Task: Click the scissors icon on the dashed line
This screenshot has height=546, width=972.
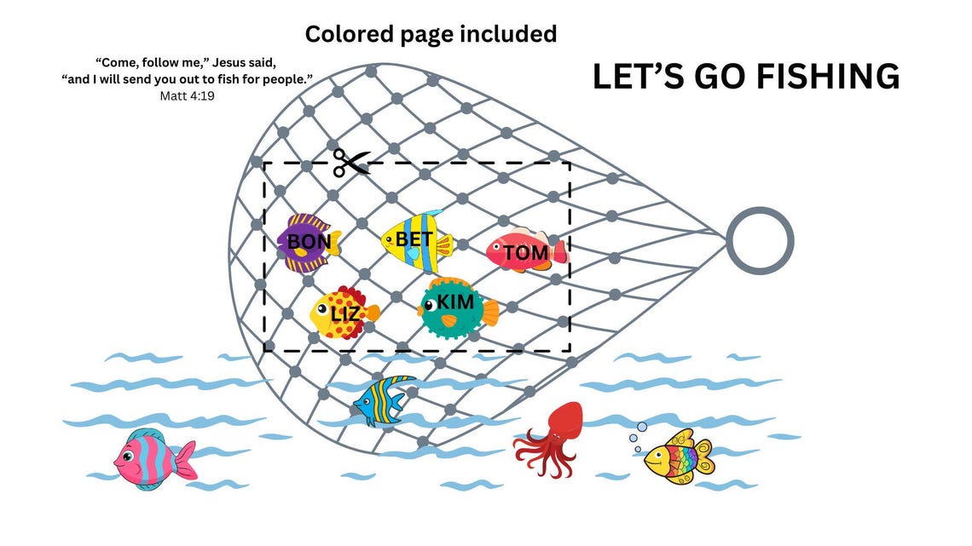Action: pos(351,163)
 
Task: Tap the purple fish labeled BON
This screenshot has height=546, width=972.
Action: pos(308,244)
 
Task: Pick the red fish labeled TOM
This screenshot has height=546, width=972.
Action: pos(526,250)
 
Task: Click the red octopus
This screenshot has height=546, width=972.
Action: pos(550,439)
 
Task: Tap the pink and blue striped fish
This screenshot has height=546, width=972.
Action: pos(154,457)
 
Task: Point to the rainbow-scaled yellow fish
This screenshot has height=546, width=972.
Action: pos(679,457)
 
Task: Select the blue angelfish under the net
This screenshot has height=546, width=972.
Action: pos(382,400)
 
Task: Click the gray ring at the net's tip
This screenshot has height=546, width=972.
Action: pos(760,241)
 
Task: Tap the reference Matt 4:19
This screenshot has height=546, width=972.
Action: pos(188,96)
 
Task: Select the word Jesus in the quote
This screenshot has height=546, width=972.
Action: pos(230,63)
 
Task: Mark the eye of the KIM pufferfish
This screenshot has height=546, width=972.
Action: pos(428,305)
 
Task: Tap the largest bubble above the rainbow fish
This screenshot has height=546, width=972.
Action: pos(642,427)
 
